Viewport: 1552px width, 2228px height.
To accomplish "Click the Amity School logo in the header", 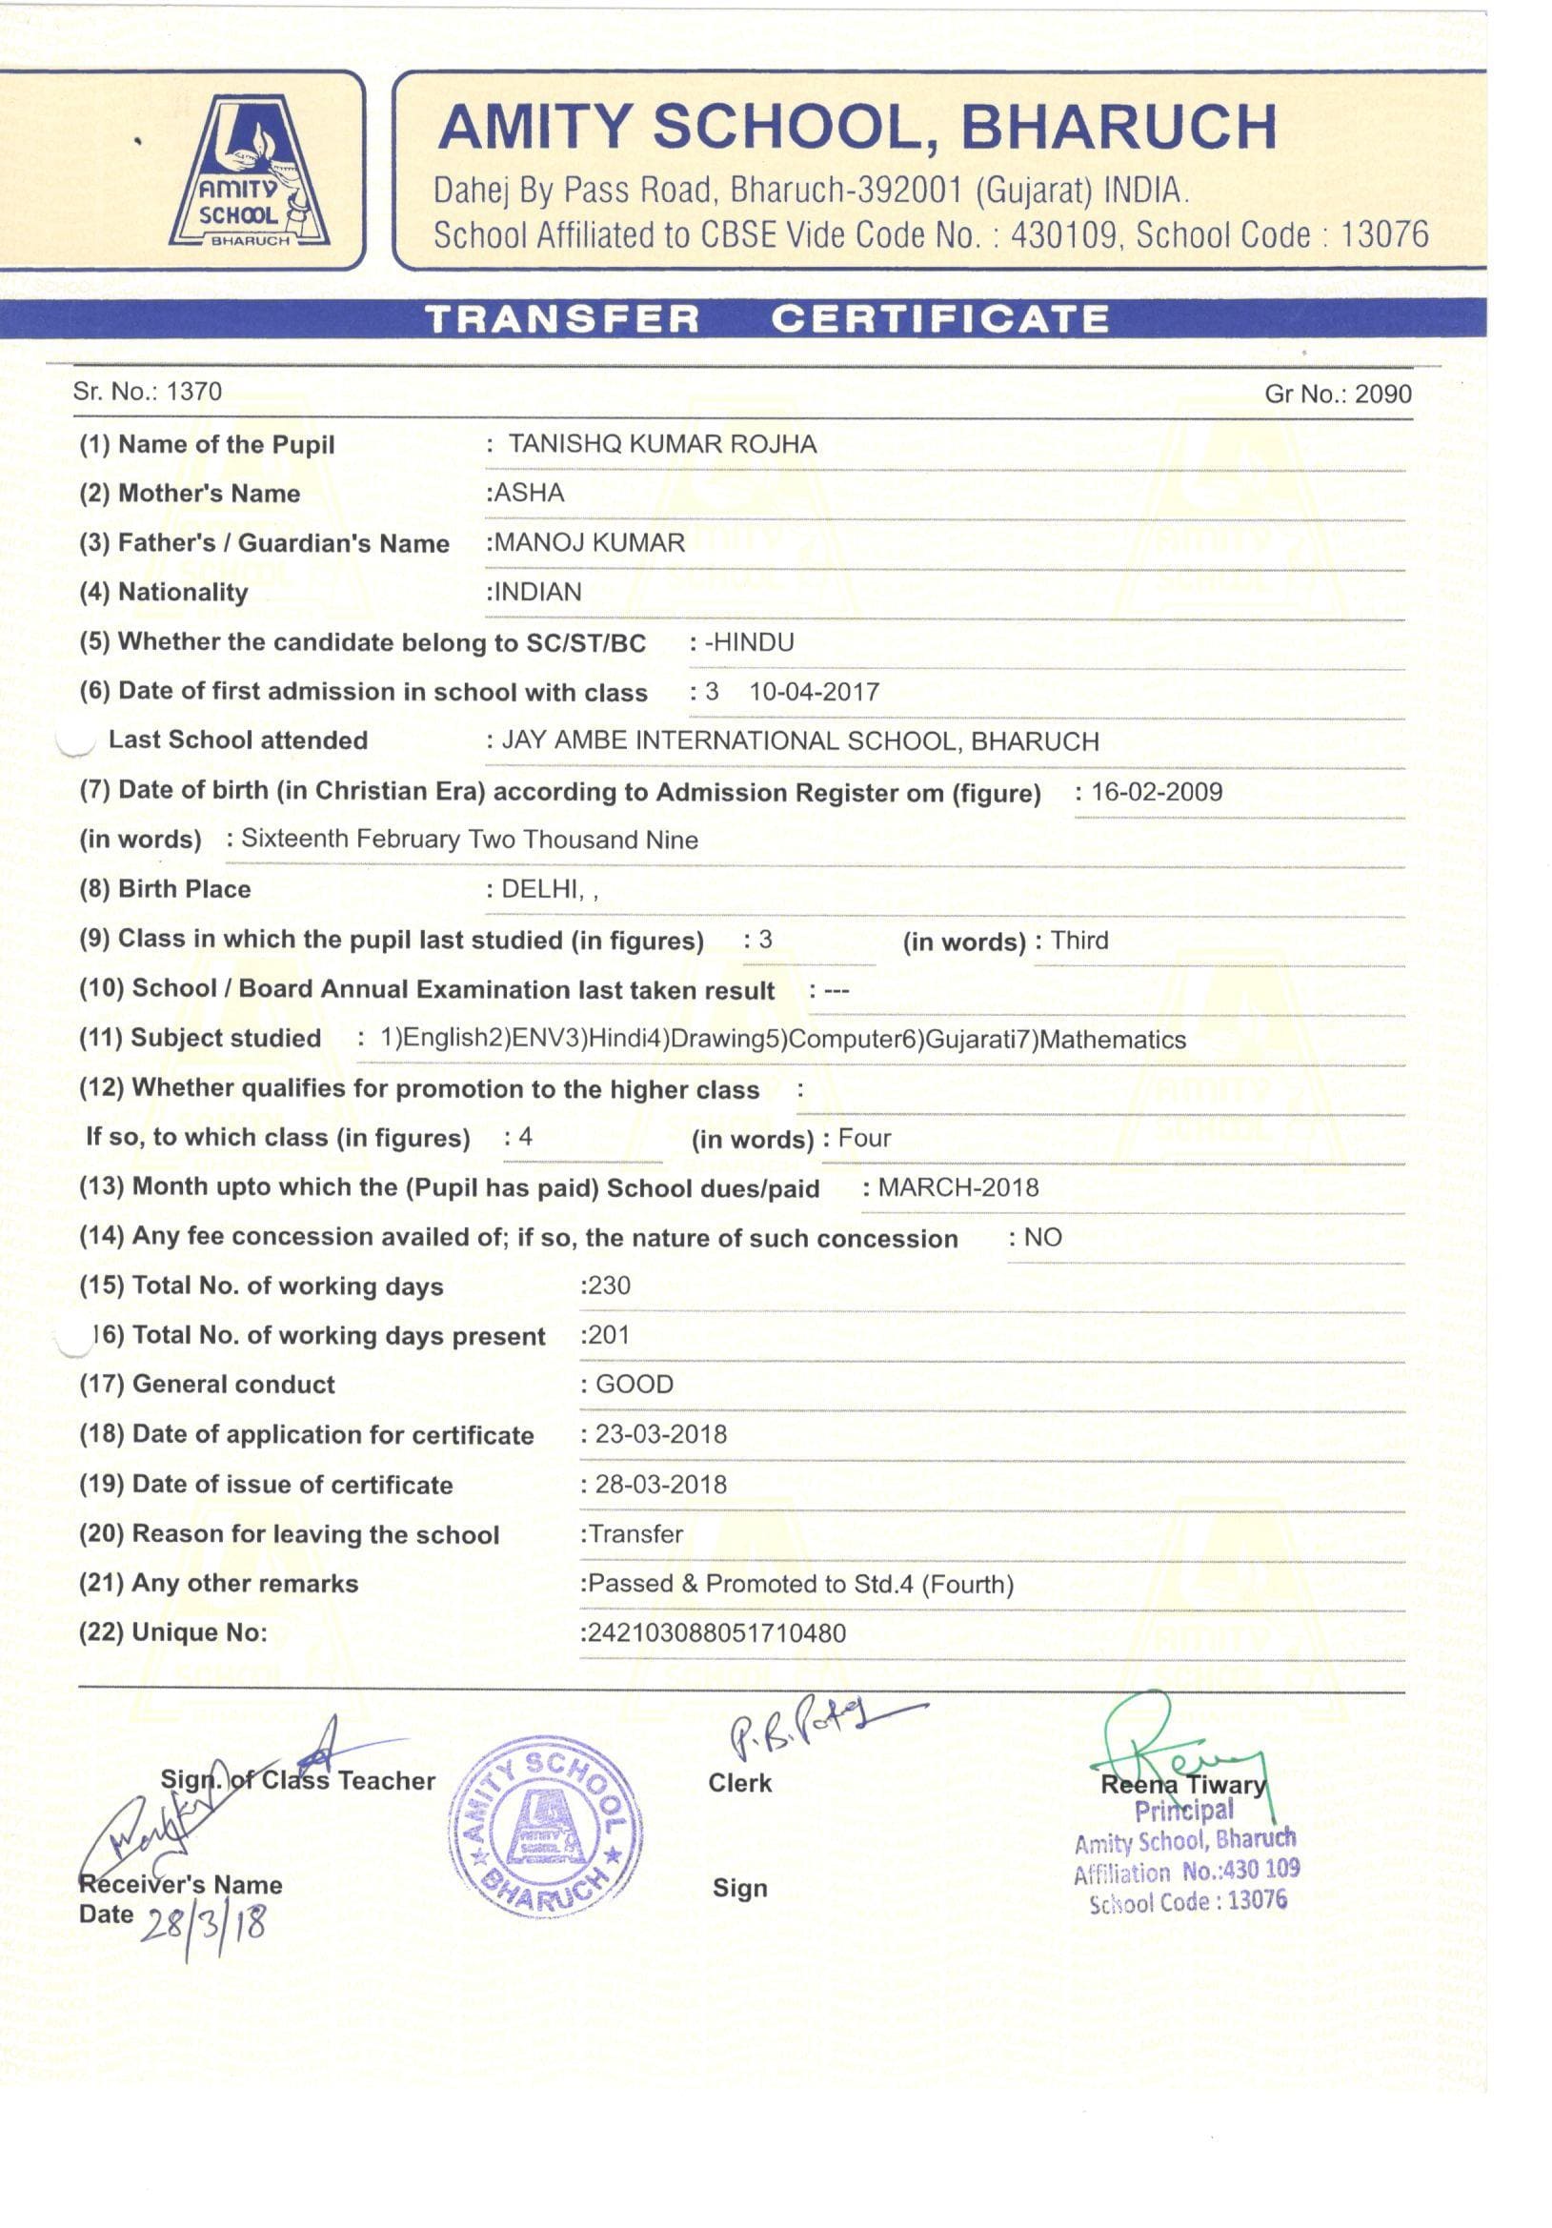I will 250,172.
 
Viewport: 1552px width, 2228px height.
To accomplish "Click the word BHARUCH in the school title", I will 1118,127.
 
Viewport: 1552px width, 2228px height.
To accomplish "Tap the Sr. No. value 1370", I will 194,391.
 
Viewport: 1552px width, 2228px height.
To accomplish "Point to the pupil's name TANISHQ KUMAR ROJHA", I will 662,443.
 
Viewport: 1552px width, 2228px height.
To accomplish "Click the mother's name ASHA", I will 530,493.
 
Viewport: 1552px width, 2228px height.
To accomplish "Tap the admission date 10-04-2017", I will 814,692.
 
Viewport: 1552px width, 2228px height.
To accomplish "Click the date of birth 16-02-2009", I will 1157,792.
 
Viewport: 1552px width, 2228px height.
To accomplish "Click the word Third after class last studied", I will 1078,941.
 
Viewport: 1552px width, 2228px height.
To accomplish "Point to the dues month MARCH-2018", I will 957,1187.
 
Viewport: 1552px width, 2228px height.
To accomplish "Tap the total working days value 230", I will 608,1286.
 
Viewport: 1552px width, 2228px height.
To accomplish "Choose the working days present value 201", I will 608,1335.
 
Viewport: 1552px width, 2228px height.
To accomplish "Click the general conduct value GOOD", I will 635,1385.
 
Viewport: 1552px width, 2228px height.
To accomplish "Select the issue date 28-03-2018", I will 660,1484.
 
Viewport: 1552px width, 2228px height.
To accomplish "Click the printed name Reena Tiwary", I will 1182,1785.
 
